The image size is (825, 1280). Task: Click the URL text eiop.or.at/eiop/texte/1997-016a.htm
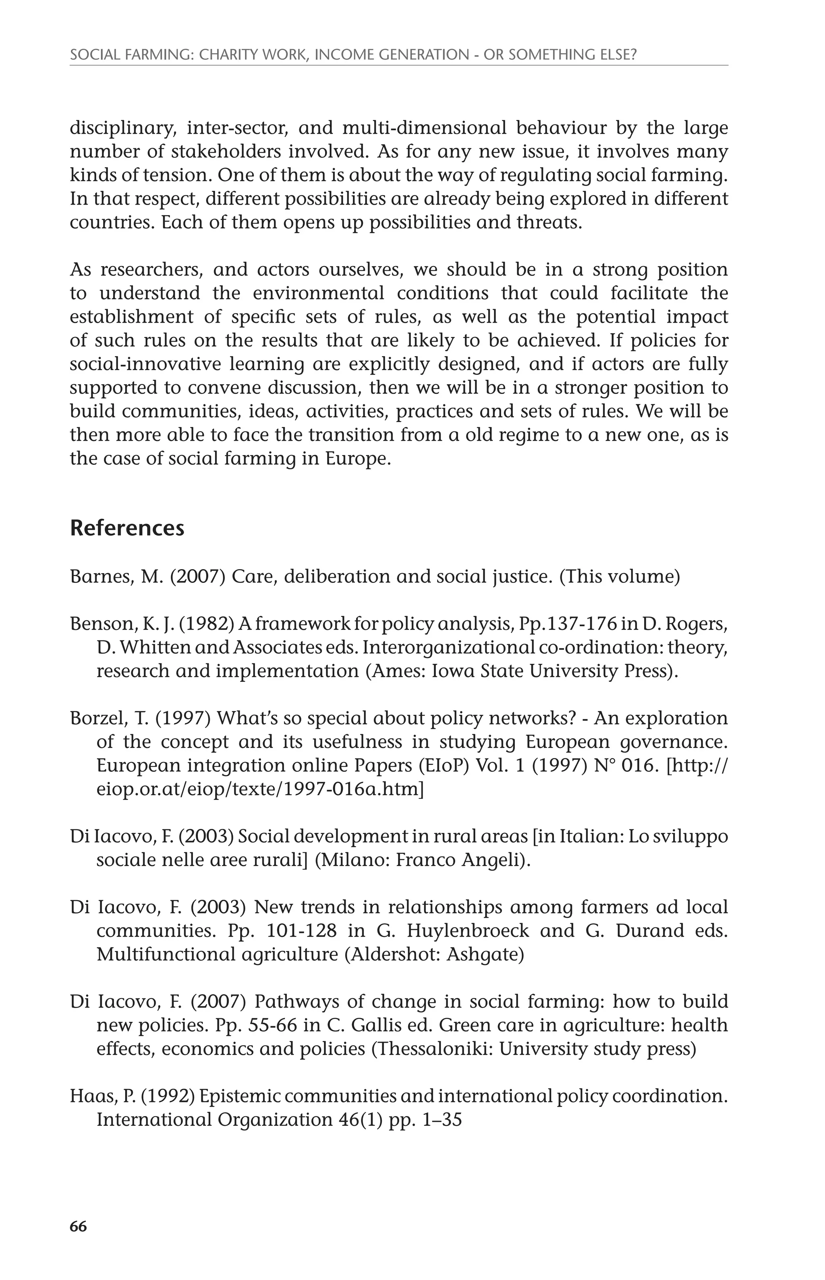point(260,789)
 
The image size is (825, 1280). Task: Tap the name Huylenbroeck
point(468,930)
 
